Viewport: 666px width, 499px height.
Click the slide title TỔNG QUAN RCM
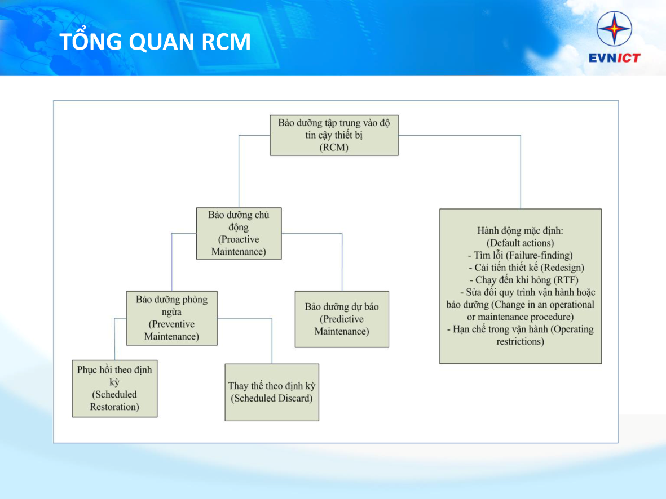pyautogui.click(x=155, y=43)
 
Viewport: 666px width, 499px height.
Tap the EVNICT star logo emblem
pyautogui.click(x=614, y=29)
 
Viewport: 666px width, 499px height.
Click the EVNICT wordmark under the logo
pyautogui.click(x=614, y=57)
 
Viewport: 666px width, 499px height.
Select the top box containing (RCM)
pyautogui.click(x=334, y=135)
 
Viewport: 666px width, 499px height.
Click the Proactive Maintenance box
pyautogui.click(x=239, y=233)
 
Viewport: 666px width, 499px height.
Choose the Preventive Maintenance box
pyautogui.click(x=171, y=318)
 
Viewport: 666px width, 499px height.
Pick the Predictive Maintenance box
pyautogui.click(x=342, y=319)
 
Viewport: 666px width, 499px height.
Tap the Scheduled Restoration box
pyautogui.click(x=114, y=388)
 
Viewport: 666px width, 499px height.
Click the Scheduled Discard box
pyautogui.click(x=272, y=392)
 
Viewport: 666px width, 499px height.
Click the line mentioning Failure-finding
pyautogui.click(x=520, y=255)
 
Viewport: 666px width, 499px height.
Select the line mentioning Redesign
pyautogui.click(x=526, y=268)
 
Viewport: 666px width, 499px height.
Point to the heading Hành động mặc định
pyautogui.click(x=520, y=231)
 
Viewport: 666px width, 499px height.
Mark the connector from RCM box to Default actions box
pyautogui.click(x=520, y=169)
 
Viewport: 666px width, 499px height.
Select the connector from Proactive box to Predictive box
pyautogui.click(x=342, y=259)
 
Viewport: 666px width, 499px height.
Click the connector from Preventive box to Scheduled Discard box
pyautogui.click(x=272, y=338)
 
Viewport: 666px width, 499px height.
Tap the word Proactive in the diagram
pyautogui.click(x=239, y=239)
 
